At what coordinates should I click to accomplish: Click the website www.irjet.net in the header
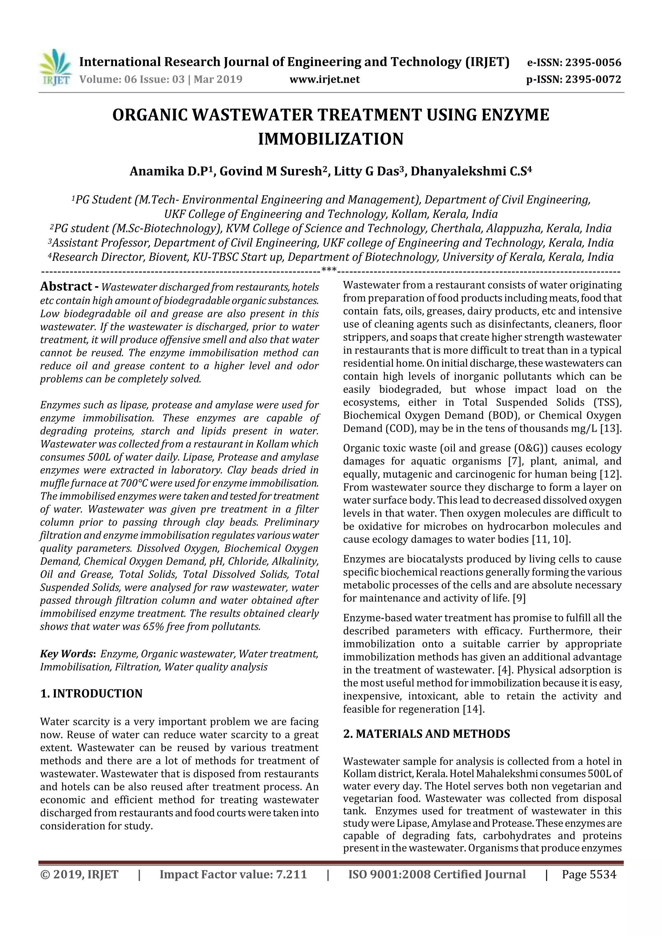coord(324,79)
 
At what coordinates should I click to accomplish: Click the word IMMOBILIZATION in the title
coord(330,139)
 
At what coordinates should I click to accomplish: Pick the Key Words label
coord(67,654)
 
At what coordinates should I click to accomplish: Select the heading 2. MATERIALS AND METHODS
coord(426,734)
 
